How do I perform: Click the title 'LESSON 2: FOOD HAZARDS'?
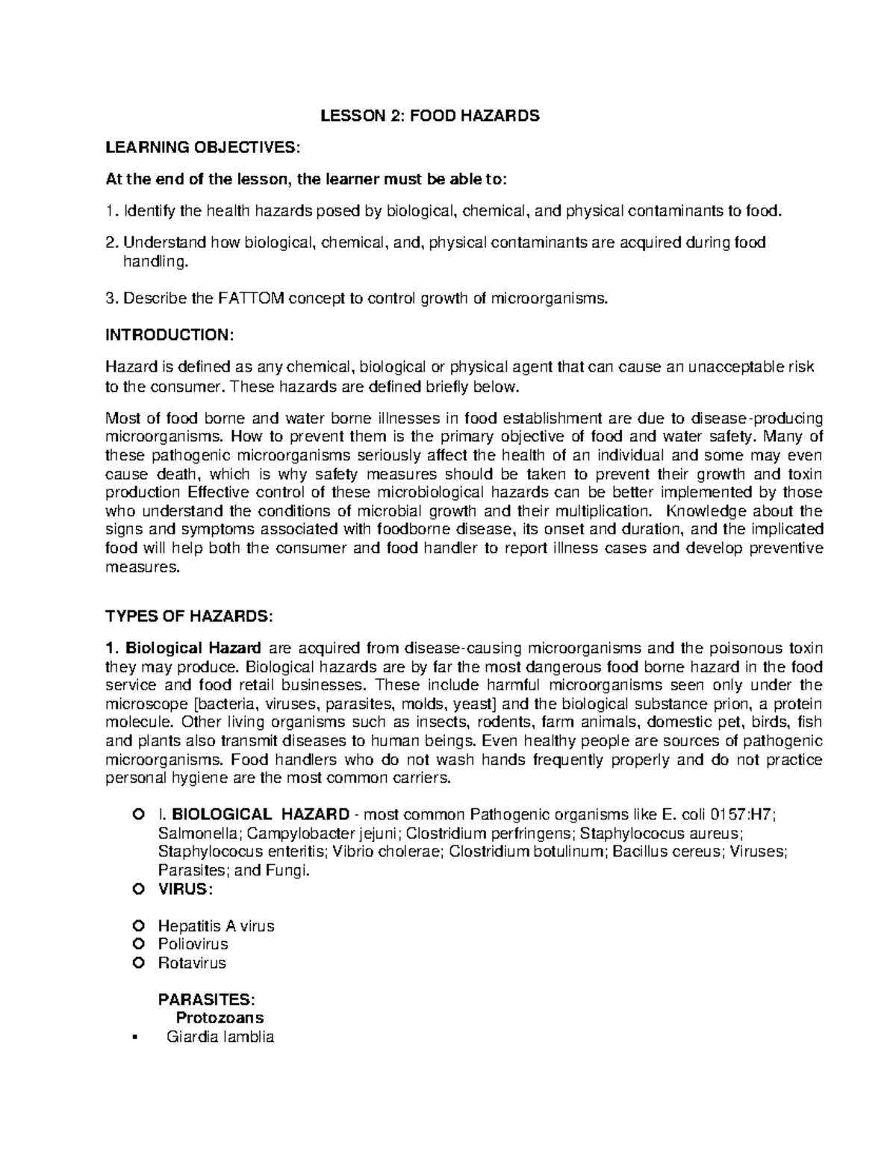point(429,116)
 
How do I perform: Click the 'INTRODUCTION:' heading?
point(169,335)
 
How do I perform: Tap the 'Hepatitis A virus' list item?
point(216,926)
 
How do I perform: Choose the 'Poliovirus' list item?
point(193,944)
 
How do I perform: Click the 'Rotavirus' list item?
point(191,963)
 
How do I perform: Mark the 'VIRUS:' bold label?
point(184,890)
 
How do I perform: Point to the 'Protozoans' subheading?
point(220,1018)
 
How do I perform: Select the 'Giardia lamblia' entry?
point(220,1037)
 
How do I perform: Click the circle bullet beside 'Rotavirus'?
point(137,963)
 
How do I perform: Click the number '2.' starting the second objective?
point(112,243)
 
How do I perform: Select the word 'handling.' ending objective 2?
point(152,262)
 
